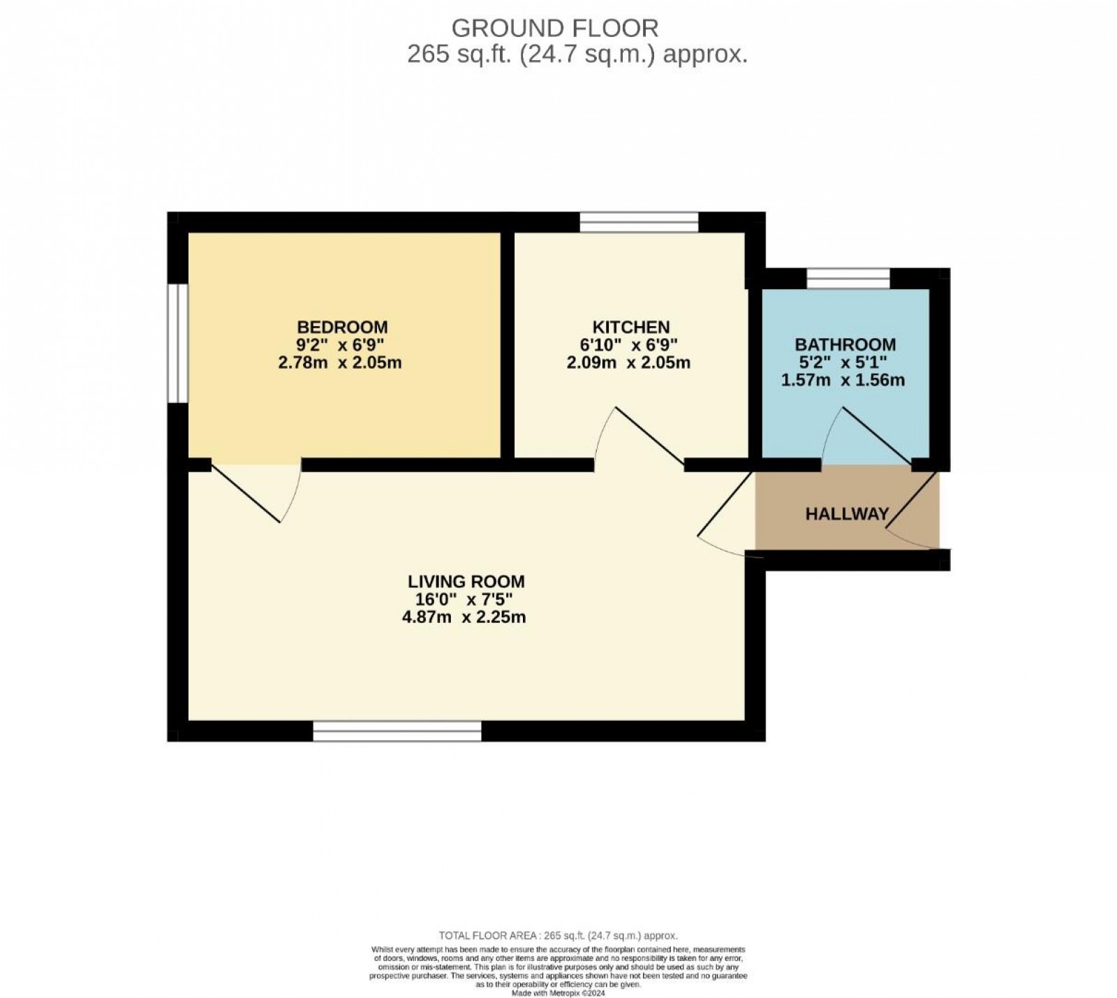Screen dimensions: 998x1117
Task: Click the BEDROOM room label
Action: (x=342, y=327)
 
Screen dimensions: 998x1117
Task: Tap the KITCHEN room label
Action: (x=630, y=327)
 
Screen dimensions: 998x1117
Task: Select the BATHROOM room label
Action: (x=845, y=344)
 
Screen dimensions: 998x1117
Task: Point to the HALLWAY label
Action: (x=846, y=514)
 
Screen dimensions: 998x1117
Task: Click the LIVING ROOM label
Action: (x=466, y=581)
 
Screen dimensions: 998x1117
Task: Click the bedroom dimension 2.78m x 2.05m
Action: (x=340, y=363)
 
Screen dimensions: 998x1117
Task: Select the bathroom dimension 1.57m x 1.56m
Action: (x=843, y=381)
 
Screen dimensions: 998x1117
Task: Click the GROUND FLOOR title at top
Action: (x=555, y=28)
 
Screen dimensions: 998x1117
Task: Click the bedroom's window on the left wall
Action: (x=179, y=342)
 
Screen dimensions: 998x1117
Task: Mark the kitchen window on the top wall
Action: (x=639, y=222)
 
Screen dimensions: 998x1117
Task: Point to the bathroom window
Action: (x=848, y=278)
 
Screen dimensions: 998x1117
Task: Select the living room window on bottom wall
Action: (x=397, y=731)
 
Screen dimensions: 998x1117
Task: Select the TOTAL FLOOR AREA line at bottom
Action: (x=558, y=935)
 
